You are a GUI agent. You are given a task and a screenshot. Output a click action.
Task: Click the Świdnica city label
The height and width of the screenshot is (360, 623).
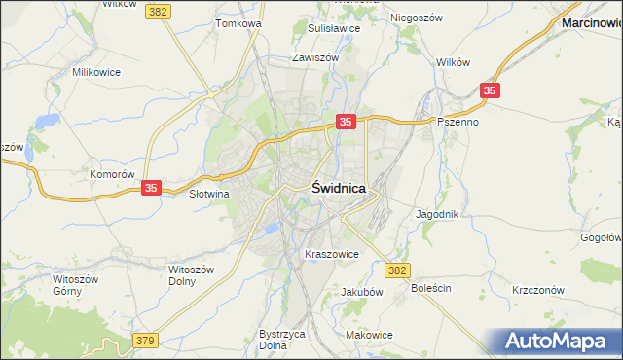click(x=339, y=189)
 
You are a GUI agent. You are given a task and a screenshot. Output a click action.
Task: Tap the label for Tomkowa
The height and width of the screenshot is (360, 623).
click(x=239, y=22)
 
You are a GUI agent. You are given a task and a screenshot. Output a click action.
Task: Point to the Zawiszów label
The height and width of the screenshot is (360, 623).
click(x=314, y=57)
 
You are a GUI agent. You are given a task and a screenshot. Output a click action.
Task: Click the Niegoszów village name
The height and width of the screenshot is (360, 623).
click(x=417, y=18)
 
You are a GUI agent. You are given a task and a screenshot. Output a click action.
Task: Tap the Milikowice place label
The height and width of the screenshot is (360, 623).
click(x=96, y=72)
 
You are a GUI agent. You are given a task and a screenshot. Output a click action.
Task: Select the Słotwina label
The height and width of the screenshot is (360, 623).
click(x=208, y=194)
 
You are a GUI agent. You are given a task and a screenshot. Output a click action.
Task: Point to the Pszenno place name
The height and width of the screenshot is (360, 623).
click(x=458, y=122)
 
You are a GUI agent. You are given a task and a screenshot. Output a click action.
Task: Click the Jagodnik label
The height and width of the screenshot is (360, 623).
click(x=437, y=214)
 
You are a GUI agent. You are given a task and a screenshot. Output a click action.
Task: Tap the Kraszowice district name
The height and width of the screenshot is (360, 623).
click(x=332, y=254)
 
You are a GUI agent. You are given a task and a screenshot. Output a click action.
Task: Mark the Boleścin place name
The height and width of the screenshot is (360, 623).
click(x=431, y=289)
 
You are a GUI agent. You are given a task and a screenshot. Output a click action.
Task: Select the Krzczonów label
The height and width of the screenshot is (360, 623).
click(x=538, y=291)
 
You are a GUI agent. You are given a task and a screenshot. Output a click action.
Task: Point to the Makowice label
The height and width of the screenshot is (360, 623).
click(x=369, y=335)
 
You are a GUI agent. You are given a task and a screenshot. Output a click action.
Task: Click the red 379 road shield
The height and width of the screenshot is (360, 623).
click(x=145, y=340)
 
